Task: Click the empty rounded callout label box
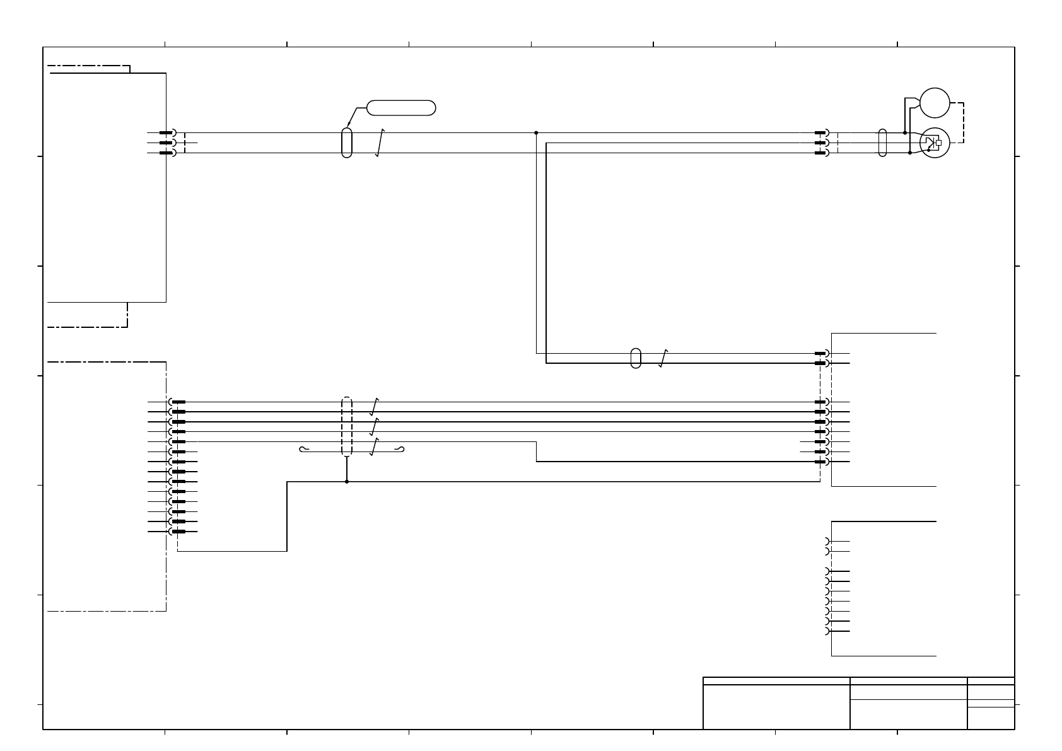[401, 108]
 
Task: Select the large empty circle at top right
[935, 103]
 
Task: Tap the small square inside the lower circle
[938, 143]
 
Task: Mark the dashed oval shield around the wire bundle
[346, 426]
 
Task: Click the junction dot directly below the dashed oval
[346, 482]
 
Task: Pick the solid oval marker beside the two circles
[882, 143]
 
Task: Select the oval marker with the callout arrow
[346, 143]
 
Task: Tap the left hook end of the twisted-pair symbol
[303, 450]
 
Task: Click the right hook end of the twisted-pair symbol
[399, 450]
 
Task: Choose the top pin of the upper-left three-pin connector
[166, 133]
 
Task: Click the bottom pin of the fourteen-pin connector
[178, 532]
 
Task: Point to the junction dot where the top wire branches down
[536, 133]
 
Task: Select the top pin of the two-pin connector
[820, 353]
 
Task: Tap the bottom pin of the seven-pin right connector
[820, 462]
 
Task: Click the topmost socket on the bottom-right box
[827, 542]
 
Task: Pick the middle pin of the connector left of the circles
[820, 143]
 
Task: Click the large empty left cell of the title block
[776, 707]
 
